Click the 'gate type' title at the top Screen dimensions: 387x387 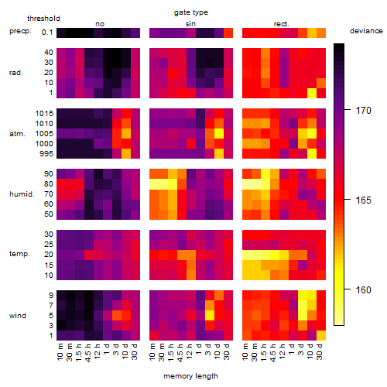[x=191, y=12]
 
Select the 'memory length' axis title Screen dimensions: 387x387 [x=190, y=376]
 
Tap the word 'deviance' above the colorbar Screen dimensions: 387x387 [x=366, y=31]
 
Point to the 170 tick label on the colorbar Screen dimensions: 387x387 [x=363, y=111]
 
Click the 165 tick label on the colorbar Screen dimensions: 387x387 [x=363, y=200]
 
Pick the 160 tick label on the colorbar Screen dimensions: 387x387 [x=363, y=290]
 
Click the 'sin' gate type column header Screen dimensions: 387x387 [x=190, y=24]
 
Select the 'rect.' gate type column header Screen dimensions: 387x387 [x=281, y=24]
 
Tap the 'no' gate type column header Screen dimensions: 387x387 [x=100, y=24]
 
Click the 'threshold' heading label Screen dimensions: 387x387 [x=43, y=19]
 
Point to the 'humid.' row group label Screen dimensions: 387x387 [x=22, y=194]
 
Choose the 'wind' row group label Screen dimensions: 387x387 [x=18, y=316]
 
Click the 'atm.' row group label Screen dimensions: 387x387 [x=17, y=134]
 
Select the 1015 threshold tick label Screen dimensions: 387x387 [x=44, y=114]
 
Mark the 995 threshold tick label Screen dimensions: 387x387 [x=46, y=154]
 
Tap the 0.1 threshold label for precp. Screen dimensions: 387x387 [x=47, y=33]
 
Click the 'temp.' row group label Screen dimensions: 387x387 [x=19, y=254]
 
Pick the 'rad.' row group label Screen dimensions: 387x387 [x=16, y=73]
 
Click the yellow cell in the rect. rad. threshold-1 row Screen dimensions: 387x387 [x=312, y=93]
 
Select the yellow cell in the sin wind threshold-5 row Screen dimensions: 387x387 [x=210, y=315]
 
